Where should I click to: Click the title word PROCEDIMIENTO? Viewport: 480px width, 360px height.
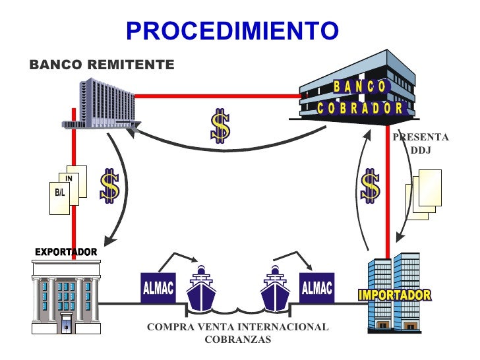click(x=231, y=30)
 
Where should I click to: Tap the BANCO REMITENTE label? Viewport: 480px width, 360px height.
click(x=102, y=65)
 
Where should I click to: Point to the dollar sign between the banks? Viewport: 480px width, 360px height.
click(x=220, y=127)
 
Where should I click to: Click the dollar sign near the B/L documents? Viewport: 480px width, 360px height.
click(x=109, y=186)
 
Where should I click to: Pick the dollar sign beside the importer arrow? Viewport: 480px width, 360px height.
click(x=371, y=187)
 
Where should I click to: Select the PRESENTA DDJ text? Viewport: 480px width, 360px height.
click(x=420, y=144)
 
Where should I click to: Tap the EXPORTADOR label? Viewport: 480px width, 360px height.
click(x=65, y=253)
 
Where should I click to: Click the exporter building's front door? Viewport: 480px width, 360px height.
click(x=66, y=326)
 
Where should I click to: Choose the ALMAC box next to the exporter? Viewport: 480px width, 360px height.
click(x=158, y=289)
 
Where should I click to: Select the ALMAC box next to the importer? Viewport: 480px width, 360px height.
click(x=316, y=288)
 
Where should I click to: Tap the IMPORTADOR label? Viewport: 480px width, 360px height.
click(x=394, y=295)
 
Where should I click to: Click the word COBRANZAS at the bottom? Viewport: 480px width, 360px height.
click(x=237, y=340)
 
